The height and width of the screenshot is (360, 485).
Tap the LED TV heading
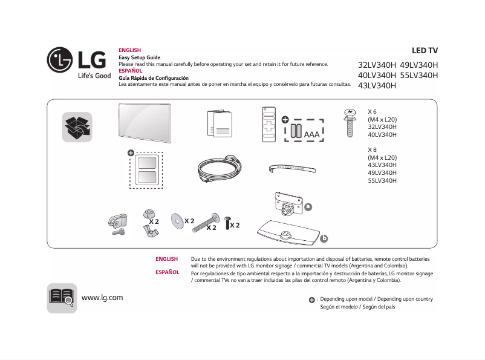click(425, 51)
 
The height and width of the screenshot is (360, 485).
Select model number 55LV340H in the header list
click(418, 76)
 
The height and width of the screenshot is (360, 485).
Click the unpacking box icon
click(77, 127)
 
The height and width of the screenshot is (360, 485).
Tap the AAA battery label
click(312, 134)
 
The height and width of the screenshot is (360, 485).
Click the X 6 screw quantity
click(373, 112)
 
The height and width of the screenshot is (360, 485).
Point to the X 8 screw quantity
click(373, 149)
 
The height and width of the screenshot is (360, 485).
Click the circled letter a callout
click(308, 206)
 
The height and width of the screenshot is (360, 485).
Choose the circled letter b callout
click(324, 238)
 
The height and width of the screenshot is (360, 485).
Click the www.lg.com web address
click(102, 297)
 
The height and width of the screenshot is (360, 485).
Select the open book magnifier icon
click(62, 298)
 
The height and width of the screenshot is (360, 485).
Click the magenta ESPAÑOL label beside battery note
click(168, 272)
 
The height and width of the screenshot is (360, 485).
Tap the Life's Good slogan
click(94, 76)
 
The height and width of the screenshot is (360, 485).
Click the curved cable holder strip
click(293, 167)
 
